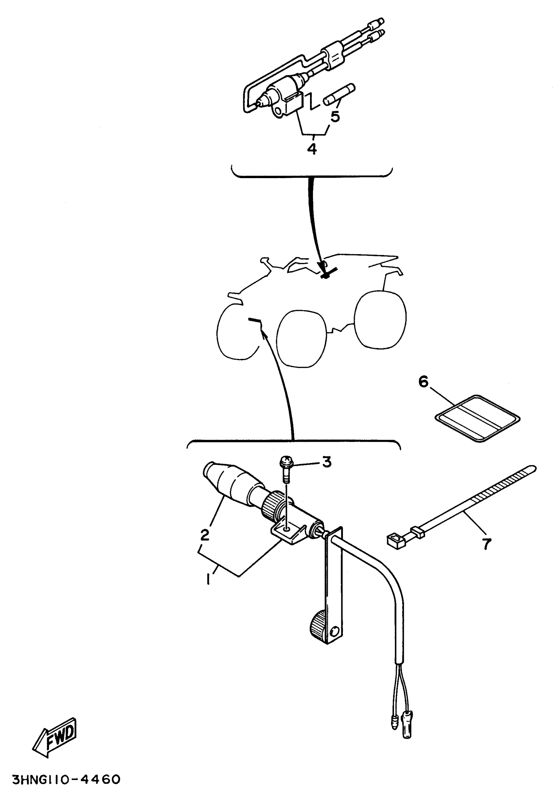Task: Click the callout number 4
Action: pyautogui.click(x=312, y=149)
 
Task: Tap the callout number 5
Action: pyautogui.click(x=335, y=117)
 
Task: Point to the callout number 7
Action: pyautogui.click(x=486, y=544)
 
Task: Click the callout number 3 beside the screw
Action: pyautogui.click(x=327, y=462)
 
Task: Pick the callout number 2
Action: pyautogui.click(x=205, y=535)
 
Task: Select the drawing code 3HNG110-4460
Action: pyautogui.click(x=66, y=779)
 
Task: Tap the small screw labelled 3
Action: pyautogui.click(x=286, y=469)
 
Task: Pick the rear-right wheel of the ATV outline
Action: pyautogui.click(x=380, y=319)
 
